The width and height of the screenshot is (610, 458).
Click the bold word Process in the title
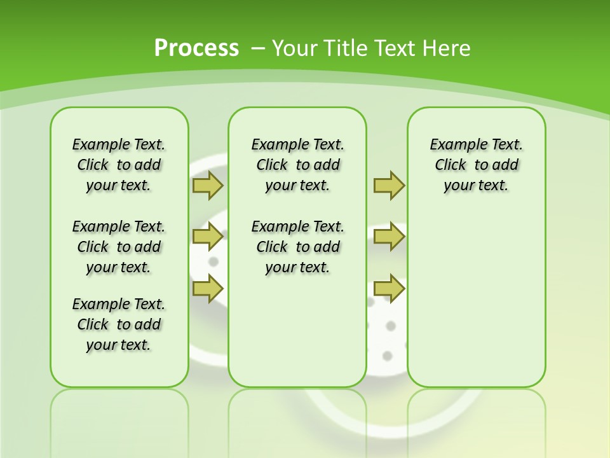click(196, 48)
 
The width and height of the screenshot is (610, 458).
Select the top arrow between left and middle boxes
click(208, 186)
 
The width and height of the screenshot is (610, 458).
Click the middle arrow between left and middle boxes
click(208, 237)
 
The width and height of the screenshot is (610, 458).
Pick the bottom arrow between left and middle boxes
click(208, 288)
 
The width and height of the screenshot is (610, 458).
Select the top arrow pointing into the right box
click(389, 186)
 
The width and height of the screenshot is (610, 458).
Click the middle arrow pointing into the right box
click(389, 237)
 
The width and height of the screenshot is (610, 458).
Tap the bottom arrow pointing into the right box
click(389, 288)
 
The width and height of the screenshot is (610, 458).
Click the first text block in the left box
click(119, 165)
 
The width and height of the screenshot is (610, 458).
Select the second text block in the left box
click(119, 247)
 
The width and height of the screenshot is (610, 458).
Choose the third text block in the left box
click(119, 324)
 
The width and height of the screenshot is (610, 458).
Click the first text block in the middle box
click(297, 165)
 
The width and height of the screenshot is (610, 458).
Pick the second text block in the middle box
click(297, 247)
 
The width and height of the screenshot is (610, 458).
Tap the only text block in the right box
click(476, 165)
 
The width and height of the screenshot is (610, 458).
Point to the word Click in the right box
click(451, 165)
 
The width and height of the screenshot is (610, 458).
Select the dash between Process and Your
click(259, 48)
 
